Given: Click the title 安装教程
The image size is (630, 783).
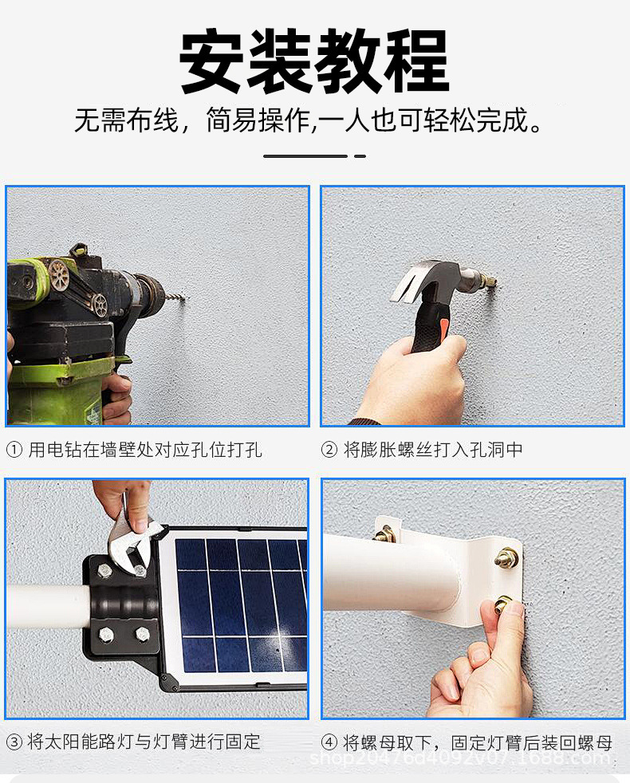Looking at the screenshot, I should click(x=314, y=63).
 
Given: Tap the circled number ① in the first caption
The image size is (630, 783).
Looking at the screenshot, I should click(x=14, y=450).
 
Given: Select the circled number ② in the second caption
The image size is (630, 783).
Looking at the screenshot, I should click(x=329, y=450).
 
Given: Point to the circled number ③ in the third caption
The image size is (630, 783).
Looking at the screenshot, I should click(x=14, y=742).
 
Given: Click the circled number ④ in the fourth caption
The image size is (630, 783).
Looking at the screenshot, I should click(x=329, y=742).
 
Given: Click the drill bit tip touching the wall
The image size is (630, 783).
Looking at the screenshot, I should click(x=185, y=300).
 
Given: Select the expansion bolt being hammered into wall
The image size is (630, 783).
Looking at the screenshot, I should click(x=482, y=280).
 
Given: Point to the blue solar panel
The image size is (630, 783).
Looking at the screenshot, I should click(x=239, y=606).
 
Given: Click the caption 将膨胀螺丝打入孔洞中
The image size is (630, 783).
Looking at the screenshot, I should click(x=433, y=450).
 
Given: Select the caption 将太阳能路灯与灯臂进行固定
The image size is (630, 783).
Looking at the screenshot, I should click(x=144, y=742).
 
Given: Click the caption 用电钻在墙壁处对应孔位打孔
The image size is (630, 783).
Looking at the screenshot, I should click(x=145, y=450).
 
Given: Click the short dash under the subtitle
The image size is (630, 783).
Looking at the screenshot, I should click(x=360, y=155).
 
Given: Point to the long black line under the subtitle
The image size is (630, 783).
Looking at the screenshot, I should click(x=305, y=155).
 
